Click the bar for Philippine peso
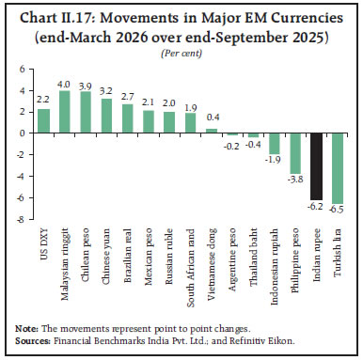pyautogui.click(x=294, y=153)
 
